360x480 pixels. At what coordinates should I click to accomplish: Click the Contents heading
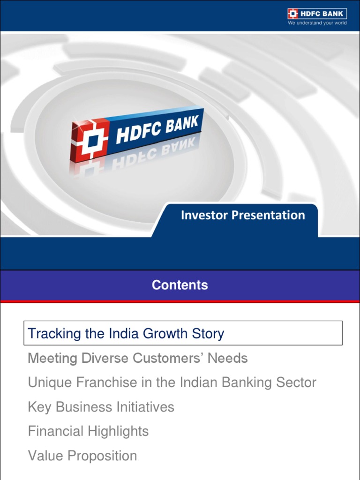[180, 285]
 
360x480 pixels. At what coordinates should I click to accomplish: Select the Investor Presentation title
[243, 215]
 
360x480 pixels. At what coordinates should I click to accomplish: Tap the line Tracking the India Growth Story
[126, 334]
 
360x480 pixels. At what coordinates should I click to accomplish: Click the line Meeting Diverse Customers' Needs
[138, 359]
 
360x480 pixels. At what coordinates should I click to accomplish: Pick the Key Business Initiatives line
[101, 407]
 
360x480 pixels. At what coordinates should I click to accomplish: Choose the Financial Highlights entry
[88, 431]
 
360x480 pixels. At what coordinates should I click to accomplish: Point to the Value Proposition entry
[82, 456]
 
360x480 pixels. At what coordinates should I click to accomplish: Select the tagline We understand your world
[317, 23]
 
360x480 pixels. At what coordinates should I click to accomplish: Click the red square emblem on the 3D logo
[89, 140]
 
